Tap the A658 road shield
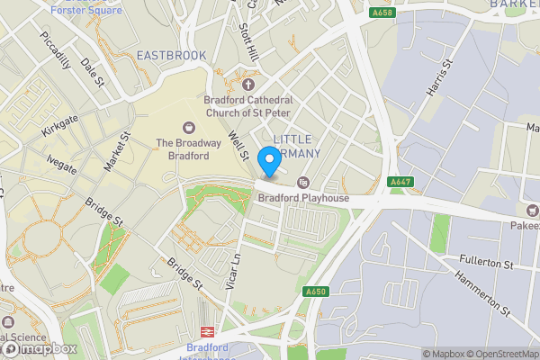pyautogui.click(x=382, y=13)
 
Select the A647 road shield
pyautogui.click(x=400, y=182)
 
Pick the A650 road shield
pyautogui.click(x=314, y=292)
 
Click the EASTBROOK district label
pyautogui.click(x=171, y=56)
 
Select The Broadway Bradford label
pyautogui.click(x=188, y=148)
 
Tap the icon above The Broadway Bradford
pyautogui.click(x=188, y=127)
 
